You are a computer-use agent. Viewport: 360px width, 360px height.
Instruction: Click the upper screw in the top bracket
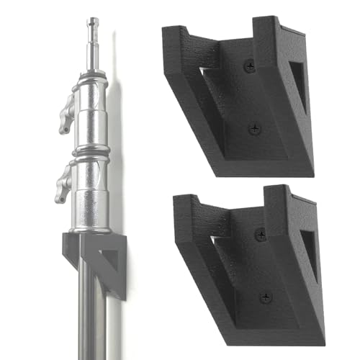[x=251, y=66]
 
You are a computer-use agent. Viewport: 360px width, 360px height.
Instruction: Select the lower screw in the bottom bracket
[x=265, y=297]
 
